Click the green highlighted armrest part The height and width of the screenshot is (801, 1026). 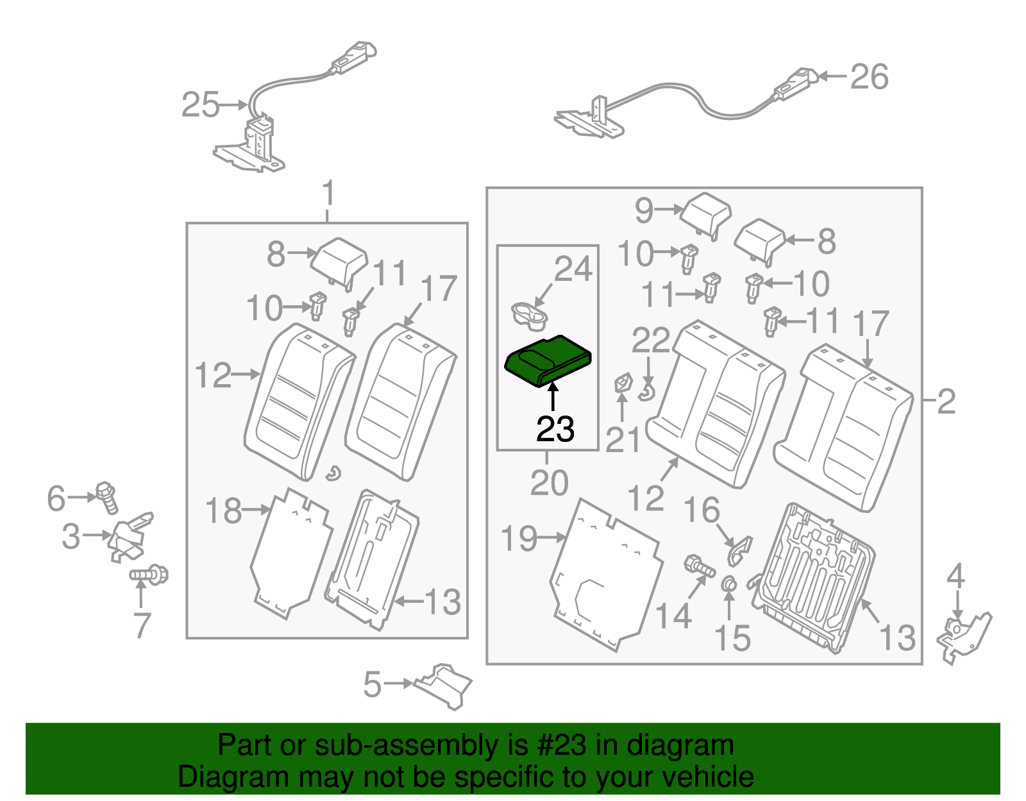coord(547,361)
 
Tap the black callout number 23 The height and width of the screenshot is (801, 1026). coord(555,429)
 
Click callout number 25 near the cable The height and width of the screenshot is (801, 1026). coord(201,105)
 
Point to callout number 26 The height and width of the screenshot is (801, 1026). coord(869,76)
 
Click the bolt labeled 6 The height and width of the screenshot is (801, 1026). coord(107,497)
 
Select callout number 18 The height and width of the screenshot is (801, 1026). coord(224,511)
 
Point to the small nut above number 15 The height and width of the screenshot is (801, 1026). coord(729,584)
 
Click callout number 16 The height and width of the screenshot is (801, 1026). coord(702,510)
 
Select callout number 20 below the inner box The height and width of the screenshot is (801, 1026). coord(549,482)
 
